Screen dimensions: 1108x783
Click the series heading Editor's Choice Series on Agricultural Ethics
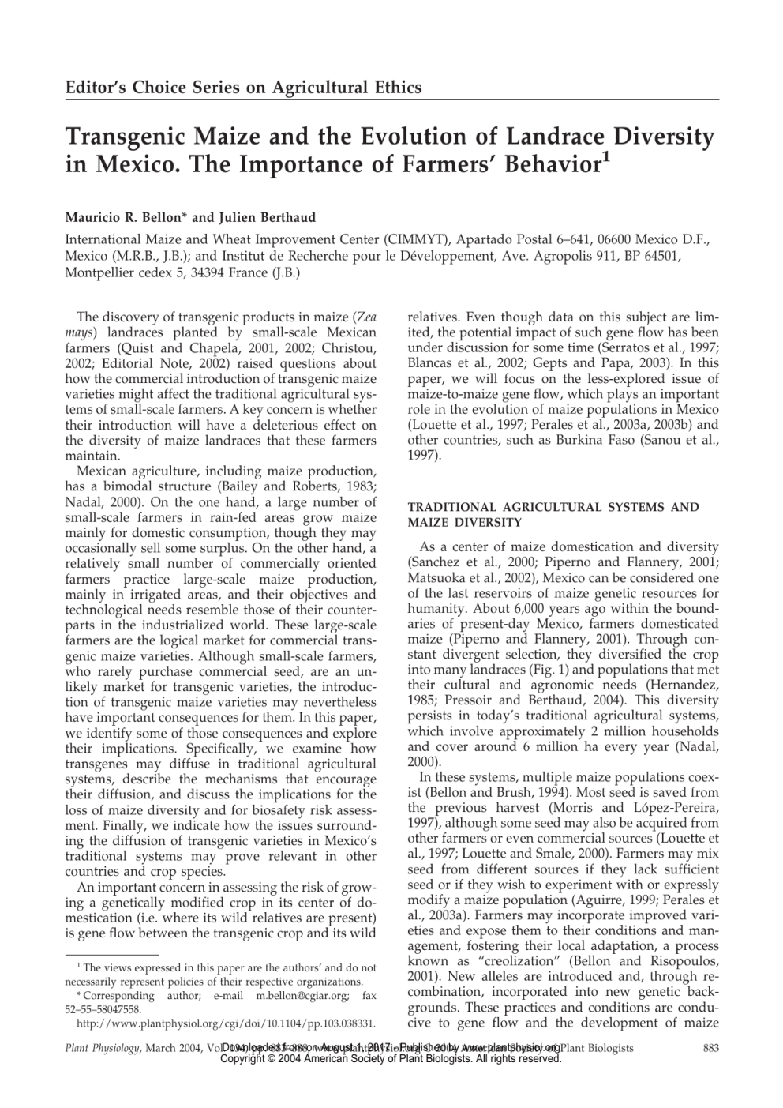click(x=243, y=87)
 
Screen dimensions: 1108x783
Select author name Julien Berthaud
click(x=256, y=217)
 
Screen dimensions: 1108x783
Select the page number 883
click(x=709, y=1048)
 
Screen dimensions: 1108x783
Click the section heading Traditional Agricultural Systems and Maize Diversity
click(x=553, y=514)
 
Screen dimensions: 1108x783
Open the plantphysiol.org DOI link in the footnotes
click(x=225, y=1023)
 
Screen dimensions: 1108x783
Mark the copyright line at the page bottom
click(x=391, y=1059)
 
